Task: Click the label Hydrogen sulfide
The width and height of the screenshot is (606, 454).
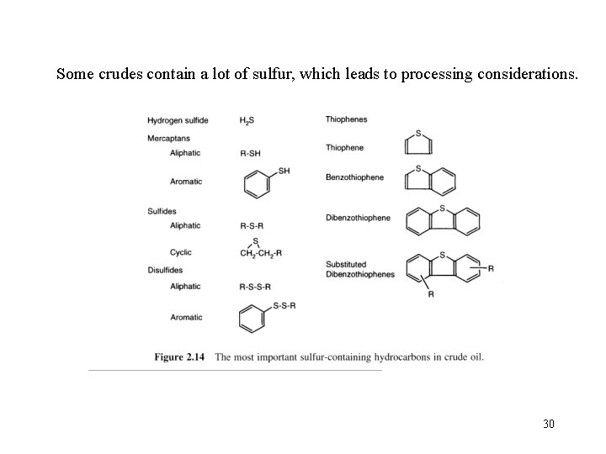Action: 178,120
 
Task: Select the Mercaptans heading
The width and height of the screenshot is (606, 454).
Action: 168,137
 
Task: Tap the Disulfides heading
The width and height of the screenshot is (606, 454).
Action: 165,270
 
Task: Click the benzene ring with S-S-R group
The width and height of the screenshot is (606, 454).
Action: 252,319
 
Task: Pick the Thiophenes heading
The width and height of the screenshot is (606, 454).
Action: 346,119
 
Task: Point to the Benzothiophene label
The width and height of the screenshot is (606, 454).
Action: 354,177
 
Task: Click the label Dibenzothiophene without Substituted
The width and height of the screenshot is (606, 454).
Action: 358,218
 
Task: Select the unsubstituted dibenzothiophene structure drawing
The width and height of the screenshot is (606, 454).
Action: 443,220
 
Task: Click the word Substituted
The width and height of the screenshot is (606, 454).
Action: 346,265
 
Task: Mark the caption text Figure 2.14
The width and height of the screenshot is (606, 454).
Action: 179,357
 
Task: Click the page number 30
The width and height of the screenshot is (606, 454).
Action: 548,423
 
